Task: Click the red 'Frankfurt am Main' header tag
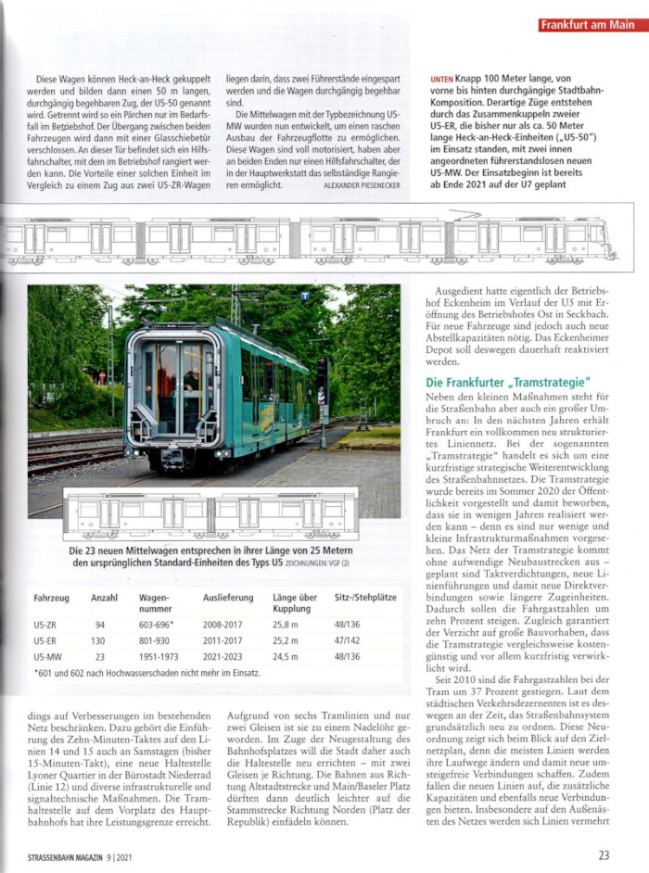(x=588, y=25)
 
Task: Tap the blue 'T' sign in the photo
(x=305, y=296)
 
